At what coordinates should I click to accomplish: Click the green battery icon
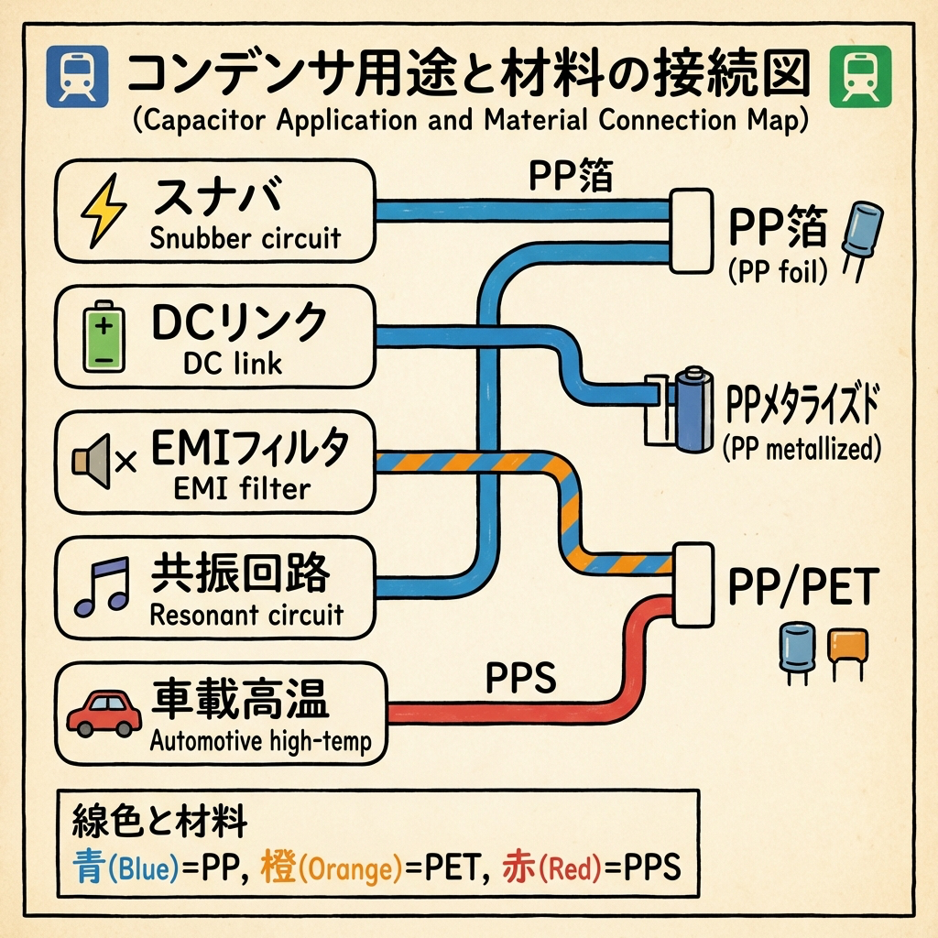pyautogui.click(x=103, y=337)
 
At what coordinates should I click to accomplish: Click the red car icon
pyautogui.click(x=103, y=713)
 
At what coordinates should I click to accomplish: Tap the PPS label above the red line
pyautogui.click(x=519, y=680)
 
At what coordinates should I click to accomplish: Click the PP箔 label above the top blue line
pyautogui.click(x=571, y=176)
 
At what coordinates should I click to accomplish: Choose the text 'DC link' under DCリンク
pyautogui.click(x=233, y=364)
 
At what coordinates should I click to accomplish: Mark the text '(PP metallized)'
pyautogui.click(x=801, y=449)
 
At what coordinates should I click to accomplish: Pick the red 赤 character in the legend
pyautogui.click(x=519, y=866)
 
